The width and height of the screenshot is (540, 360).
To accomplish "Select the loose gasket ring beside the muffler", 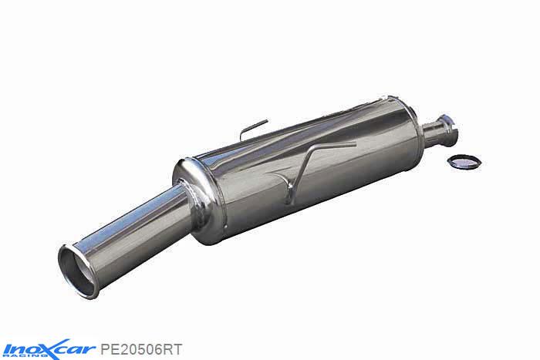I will click(x=464, y=162).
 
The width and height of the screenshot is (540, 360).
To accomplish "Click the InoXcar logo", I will click(x=48, y=349).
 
